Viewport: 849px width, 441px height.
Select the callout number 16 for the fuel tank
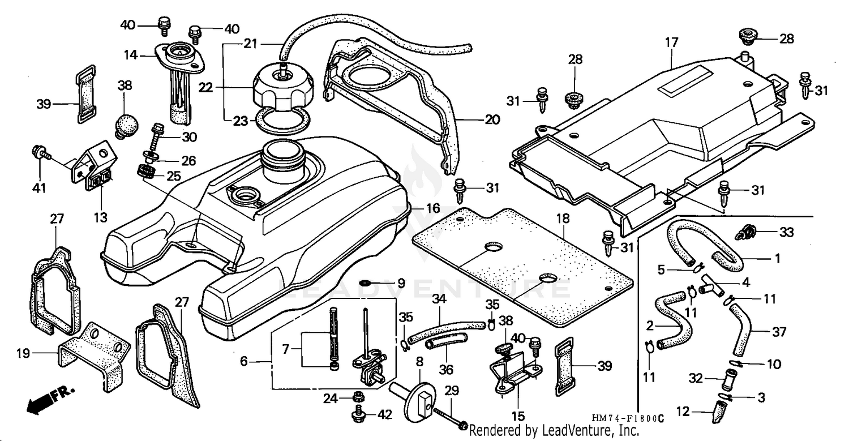(432, 209)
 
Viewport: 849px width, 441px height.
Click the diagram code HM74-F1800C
(628, 418)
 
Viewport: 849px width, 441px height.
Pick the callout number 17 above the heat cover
(671, 42)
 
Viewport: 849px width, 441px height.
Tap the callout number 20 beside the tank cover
(492, 120)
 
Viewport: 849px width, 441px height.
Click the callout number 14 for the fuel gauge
(131, 54)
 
